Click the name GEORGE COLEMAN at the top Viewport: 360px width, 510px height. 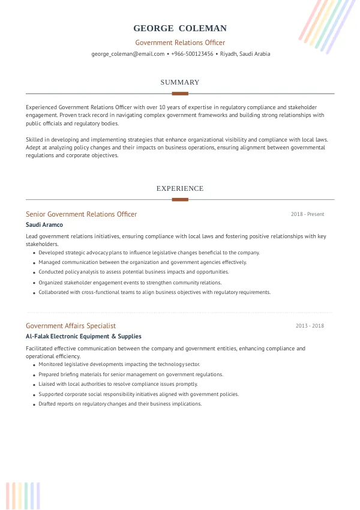pyautogui.click(x=180, y=28)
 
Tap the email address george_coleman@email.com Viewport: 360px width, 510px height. pyautogui.click(x=128, y=54)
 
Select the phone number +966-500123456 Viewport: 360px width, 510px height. pyautogui.click(x=192, y=54)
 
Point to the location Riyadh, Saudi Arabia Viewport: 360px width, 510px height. pyautogui.click(x=245, y=54)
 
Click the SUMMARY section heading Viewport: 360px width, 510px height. pyautogui.click(x=180, y=82)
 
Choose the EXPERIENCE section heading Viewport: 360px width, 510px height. pyautogui.click(x=180, y=188)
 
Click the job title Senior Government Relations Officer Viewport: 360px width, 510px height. pyautogui.click(x=81, y=214)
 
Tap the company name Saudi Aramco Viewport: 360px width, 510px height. pyautogui.click(x=44, y=225)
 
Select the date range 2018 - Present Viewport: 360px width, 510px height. pyautogui.click(x=307, y=214)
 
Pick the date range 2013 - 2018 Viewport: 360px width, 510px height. pyautogui.click(x=310, y=326)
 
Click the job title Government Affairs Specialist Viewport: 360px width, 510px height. pyautogui.click(x=71, y=326)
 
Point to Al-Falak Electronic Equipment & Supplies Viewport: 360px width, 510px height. pyautogui.click(x=83, y=337)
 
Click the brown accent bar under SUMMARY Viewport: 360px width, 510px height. pyautogui.click(x=180, y=94)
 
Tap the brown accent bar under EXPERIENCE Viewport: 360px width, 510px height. pyautogui.click(x=180, y=199)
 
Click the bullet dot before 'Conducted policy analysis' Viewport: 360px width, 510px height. pyautogui.click(x=33, y=272)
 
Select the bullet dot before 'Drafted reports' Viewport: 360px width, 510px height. pyautogui.click(x=33, y=404)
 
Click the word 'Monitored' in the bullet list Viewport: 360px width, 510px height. pyautogui.click(x=52, y=364)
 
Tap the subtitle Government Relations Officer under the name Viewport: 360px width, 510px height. pyautogui.click(x=180, y=43)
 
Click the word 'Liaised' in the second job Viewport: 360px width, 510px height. pyautogui.click(x=47, y=384)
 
